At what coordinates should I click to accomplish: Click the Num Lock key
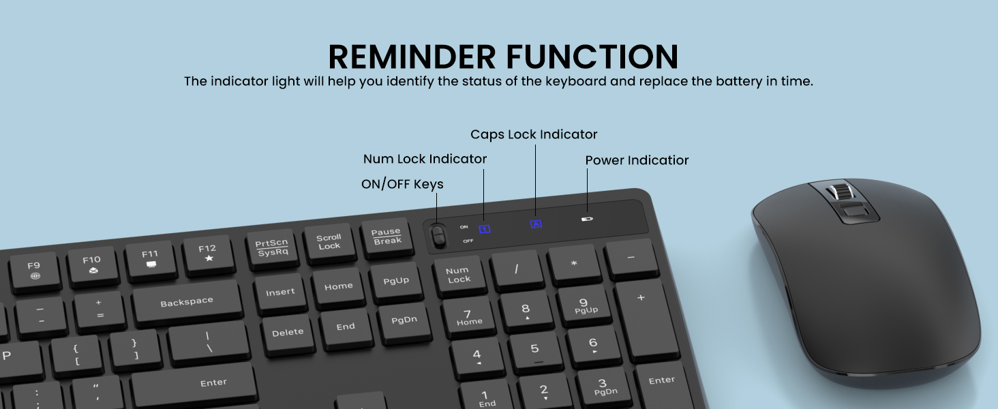[x=459, y=275]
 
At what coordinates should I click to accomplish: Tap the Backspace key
[x=187, y=302]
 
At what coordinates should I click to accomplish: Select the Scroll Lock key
[x=329, y=242]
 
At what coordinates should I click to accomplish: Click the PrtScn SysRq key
[x=272, y=247]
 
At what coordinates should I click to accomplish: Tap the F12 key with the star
[x=208, y=253]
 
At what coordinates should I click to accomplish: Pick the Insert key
[x=280, y=292]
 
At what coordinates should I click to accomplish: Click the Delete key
[x=288, y=333]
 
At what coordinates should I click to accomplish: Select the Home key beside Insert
[x=339, y=287]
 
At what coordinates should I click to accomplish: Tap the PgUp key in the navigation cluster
[x=396, y=281]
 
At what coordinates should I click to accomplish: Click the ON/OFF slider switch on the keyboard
[x=438, y=236]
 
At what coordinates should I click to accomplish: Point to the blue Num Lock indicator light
[x=485, y=229]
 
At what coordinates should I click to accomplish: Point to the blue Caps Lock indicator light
[x=536, y=224]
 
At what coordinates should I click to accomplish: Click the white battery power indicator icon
[x=587, y=219]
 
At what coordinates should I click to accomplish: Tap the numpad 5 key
[x=535, y=349]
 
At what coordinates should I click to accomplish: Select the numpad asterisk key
[x=574, y=263]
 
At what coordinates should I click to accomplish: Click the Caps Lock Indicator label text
[x=534, y=134]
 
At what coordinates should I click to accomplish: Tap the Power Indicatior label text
[x=637, y=160]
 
